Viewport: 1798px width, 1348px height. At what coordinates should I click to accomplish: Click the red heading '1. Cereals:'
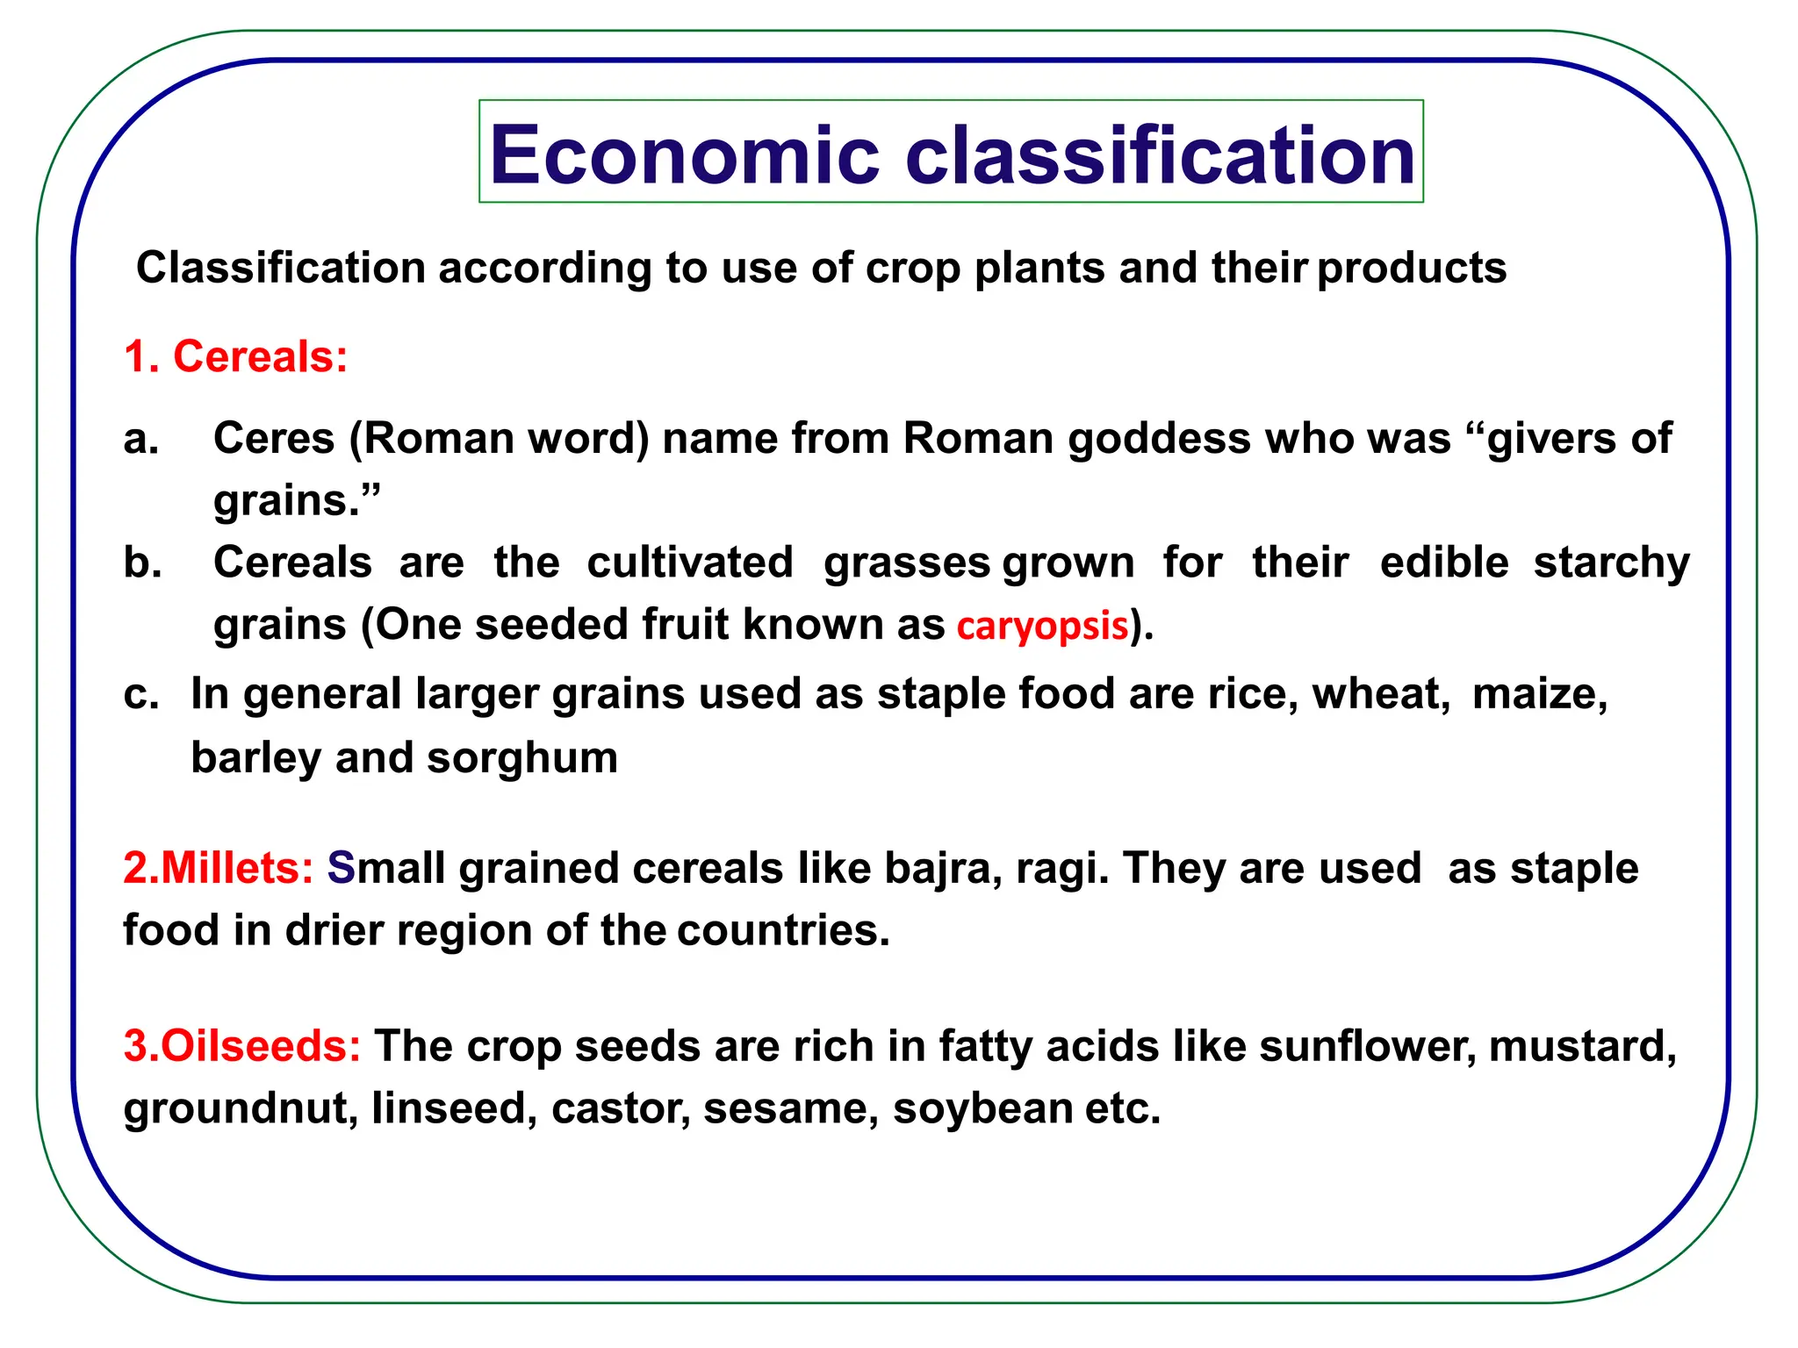(x=236, y=356)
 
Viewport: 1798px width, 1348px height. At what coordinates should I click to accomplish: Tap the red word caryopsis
(x=1042, y=626)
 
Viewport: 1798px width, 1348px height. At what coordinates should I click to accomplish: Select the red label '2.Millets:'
(x=219, y=868)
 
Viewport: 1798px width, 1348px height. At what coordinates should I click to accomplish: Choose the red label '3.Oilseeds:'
(x=242, y=1045)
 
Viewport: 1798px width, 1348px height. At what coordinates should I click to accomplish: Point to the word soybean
(x=982, y=1108)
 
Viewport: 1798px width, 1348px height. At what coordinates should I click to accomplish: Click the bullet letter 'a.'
(x=141, y=438)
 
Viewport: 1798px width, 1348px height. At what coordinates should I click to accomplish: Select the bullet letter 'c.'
(x=141, y=694)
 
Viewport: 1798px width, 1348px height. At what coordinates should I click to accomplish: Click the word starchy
(x=1611, y=563)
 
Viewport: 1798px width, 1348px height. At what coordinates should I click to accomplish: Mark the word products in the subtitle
(x=1412, y=268)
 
